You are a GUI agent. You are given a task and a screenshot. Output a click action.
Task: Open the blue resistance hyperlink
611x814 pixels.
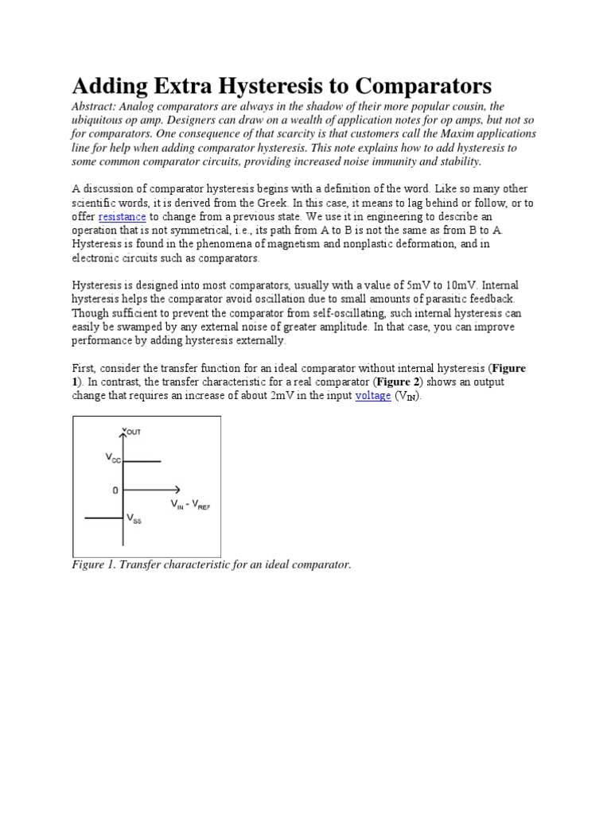pyautogui.click(x=122, y=216)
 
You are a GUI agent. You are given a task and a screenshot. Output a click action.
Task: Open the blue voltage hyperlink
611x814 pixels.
pyautogui.click(x=372, y=396)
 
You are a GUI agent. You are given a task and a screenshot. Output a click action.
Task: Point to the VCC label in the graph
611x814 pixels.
pyautogui.click(x=113, y=458)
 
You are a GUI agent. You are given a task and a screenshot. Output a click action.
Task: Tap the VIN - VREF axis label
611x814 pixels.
pyautogui.click(x=190, y=505)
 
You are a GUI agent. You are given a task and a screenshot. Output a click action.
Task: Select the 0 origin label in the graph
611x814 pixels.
pyautogui.click(x=115, y=490)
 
